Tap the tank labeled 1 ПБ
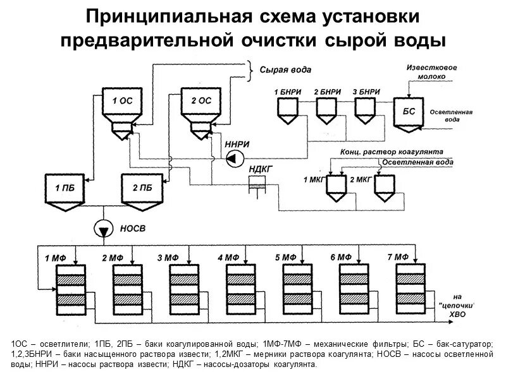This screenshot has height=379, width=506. click(65, 188)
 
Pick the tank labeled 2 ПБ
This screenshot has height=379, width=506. click(142, 188)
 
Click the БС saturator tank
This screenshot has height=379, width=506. click(409, 112)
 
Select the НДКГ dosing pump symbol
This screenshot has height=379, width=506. click(257, 185)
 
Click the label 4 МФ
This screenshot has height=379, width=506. click(228, 258)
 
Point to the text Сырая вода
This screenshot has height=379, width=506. click(285, 69)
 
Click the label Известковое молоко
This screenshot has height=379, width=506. click(431, 71)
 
